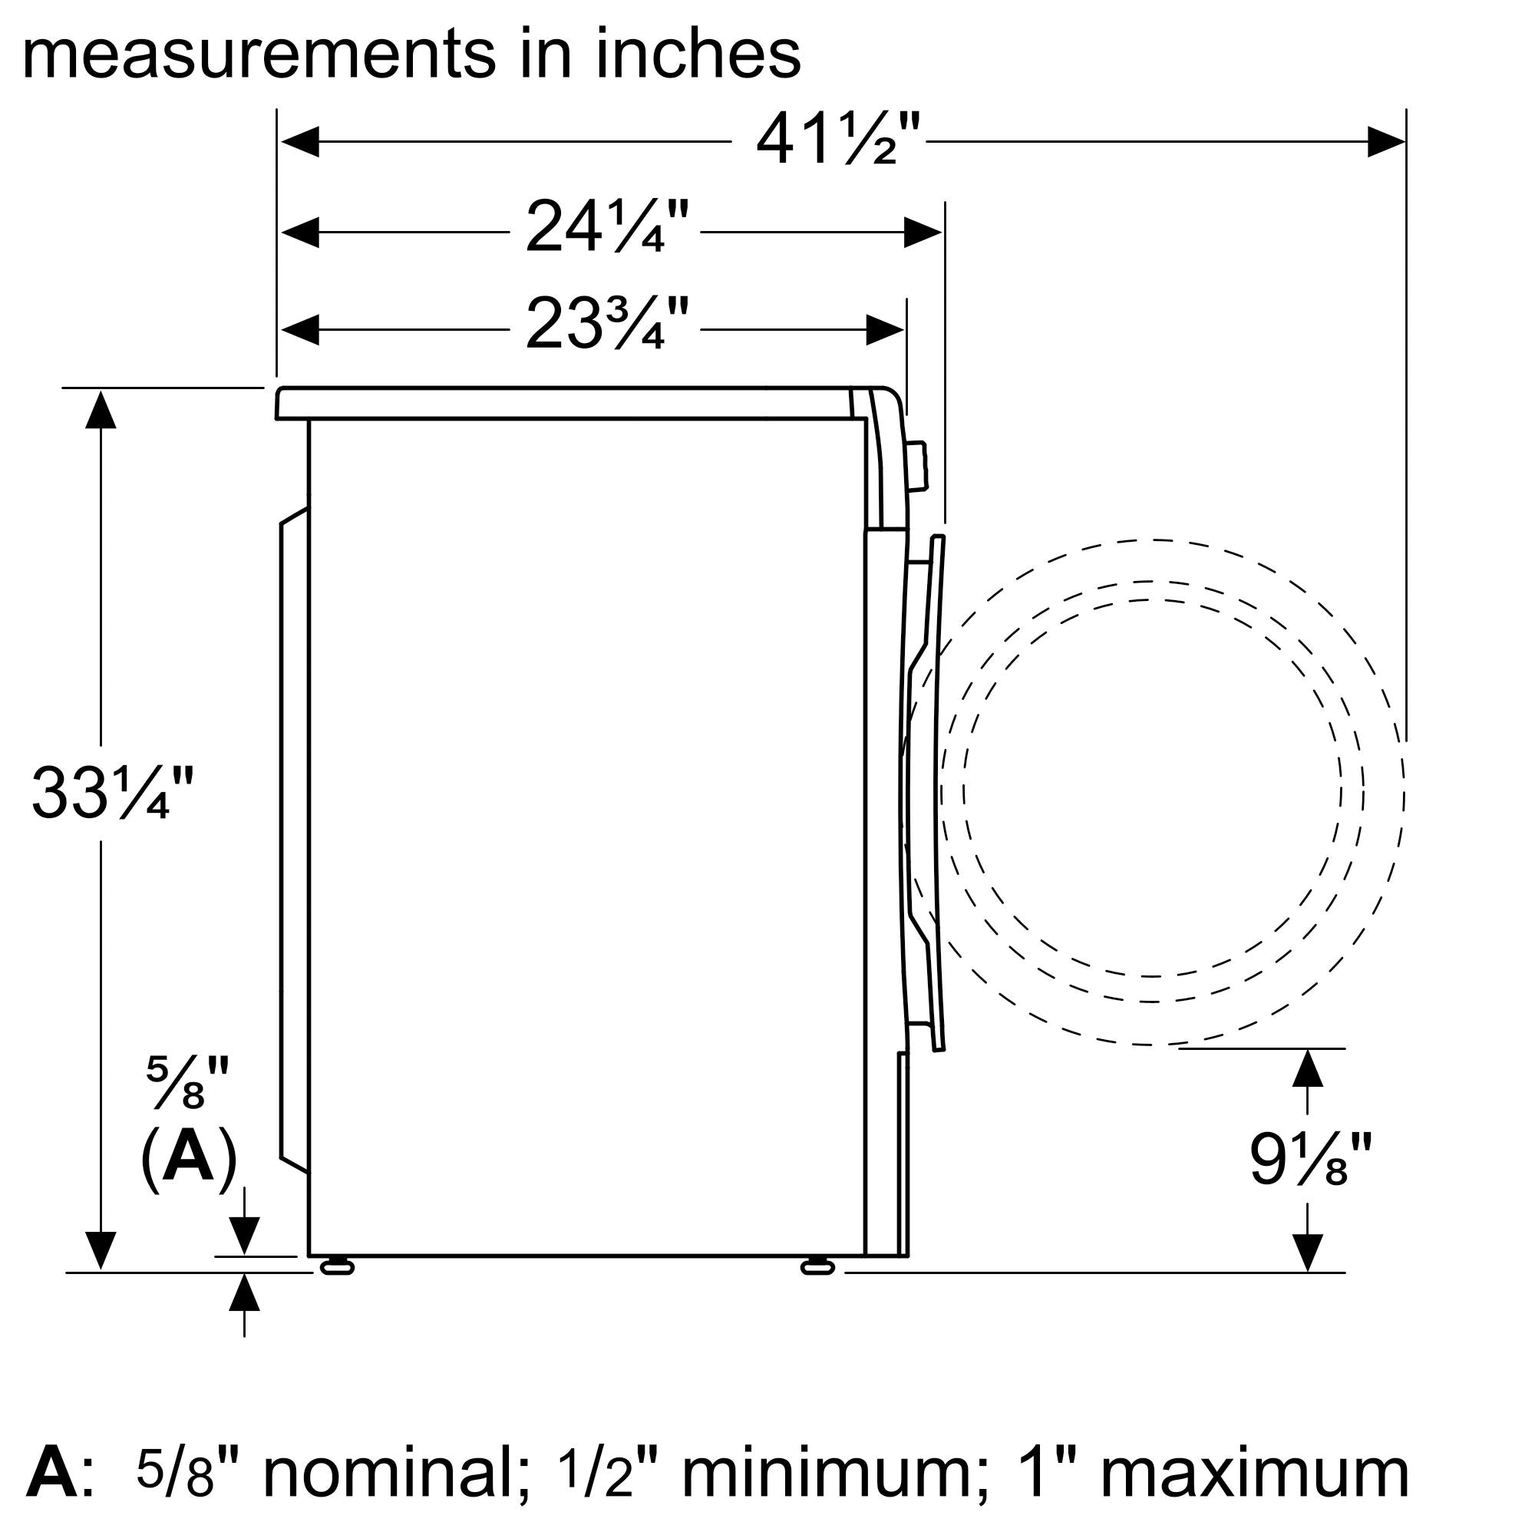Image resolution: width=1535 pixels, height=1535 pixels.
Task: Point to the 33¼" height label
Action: pyautogui.click(x=112, y=793)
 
